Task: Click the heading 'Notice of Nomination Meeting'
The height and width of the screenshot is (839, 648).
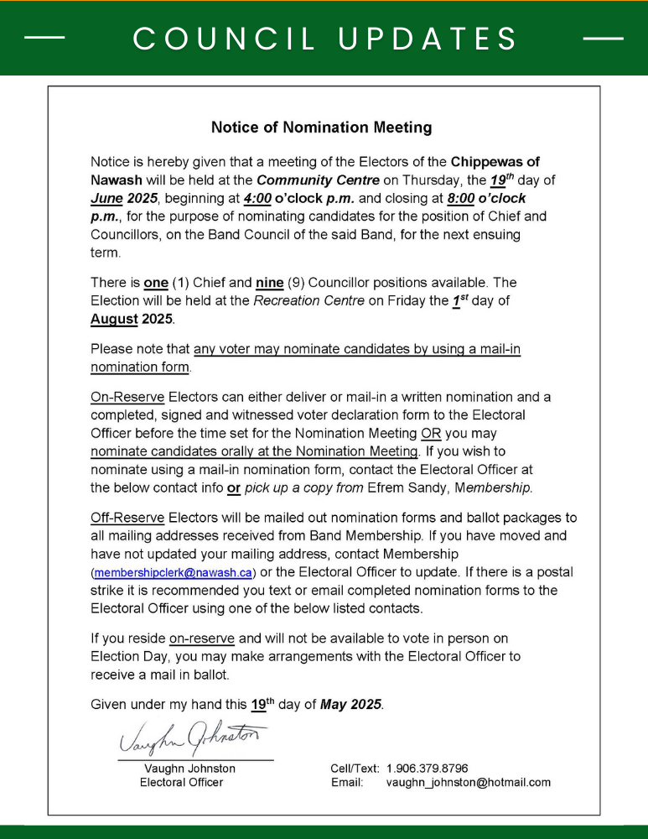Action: [x=321, y=128]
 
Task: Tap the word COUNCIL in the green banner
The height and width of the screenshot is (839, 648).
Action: [x=225, y=39]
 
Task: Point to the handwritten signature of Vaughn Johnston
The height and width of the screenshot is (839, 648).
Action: [x=193, y=739]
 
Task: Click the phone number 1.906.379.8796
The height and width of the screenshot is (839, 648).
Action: [x=427, y=768]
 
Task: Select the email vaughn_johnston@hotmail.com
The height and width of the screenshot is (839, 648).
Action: [x=468, y=783]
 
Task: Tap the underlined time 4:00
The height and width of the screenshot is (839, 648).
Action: [x=257, y=199]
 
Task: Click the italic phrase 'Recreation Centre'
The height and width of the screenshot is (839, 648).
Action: [x=310, y=300]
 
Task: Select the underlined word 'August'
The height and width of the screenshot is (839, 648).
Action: [x=114, y=319]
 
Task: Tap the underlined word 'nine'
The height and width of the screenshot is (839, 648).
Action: [x=269, y=283]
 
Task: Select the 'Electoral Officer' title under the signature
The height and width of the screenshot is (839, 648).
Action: [x=181, y=783]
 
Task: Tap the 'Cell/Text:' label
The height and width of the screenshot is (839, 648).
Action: [x=355, y=768]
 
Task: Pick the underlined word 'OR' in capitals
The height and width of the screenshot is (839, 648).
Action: [x=430, y=434]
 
